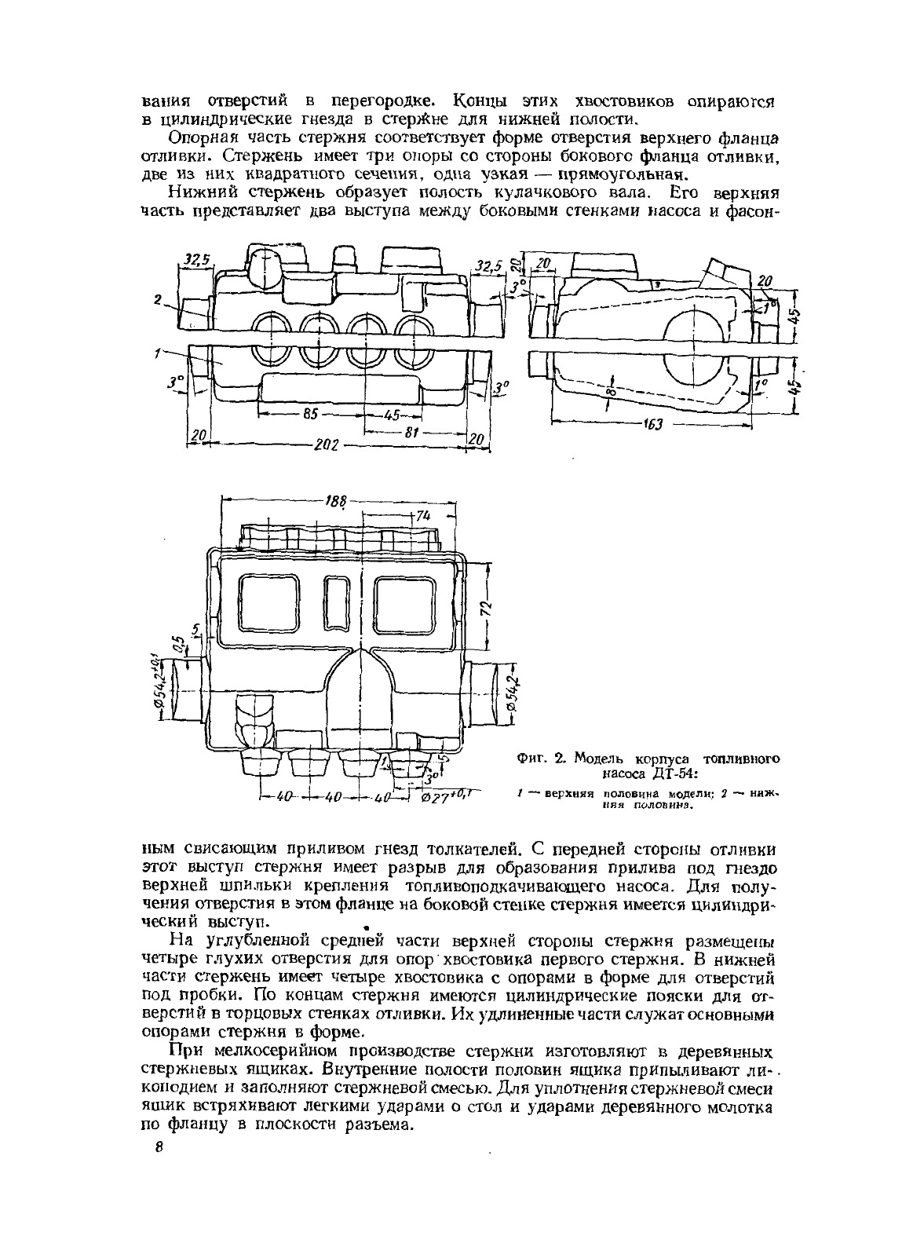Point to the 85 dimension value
pos(308,415)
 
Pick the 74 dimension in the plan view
pos(424,515)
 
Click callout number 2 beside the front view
pos(157,299)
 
